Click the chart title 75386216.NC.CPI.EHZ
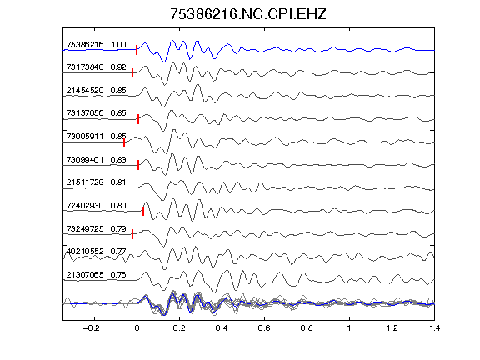pyautogui.click(x=248, y=14)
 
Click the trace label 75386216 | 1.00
pyautogui.click(x=96, y=45)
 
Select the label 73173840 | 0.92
pyautogui.click(x=96, y=67)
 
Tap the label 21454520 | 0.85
pyautogui.click(x=96, y=91)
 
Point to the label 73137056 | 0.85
pyautogui.click(x=96, y=113)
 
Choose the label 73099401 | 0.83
pyautogui.click(x=96, y=160)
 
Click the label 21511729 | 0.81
pyautogui.click(x=96, y=182)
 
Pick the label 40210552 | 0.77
pyautogui.click(x=96, y=252)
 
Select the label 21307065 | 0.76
pyautogui.click(x=96, y=275)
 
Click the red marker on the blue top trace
pyautogui.click(x=137, y=50)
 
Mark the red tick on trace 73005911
pyautogui.click(x=124, y=142)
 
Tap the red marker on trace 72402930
pyautogui.click(x=143, y=211)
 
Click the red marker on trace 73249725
pyautogui.click(x=132, y=234)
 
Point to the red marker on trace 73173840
pyautogui.click(x=132, y=72)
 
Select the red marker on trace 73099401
pyautogui.click(x=138, y=165)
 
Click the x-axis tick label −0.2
pyautogui.click(x=91, y=328)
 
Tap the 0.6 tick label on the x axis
pyautogui.click(x=264, y=328)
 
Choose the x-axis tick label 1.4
pyautogui.click(x=434, y=328)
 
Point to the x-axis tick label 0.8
pyautogui.click(x=307, y=328)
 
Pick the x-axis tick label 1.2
pyautogui.click(x=392, y=328)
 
